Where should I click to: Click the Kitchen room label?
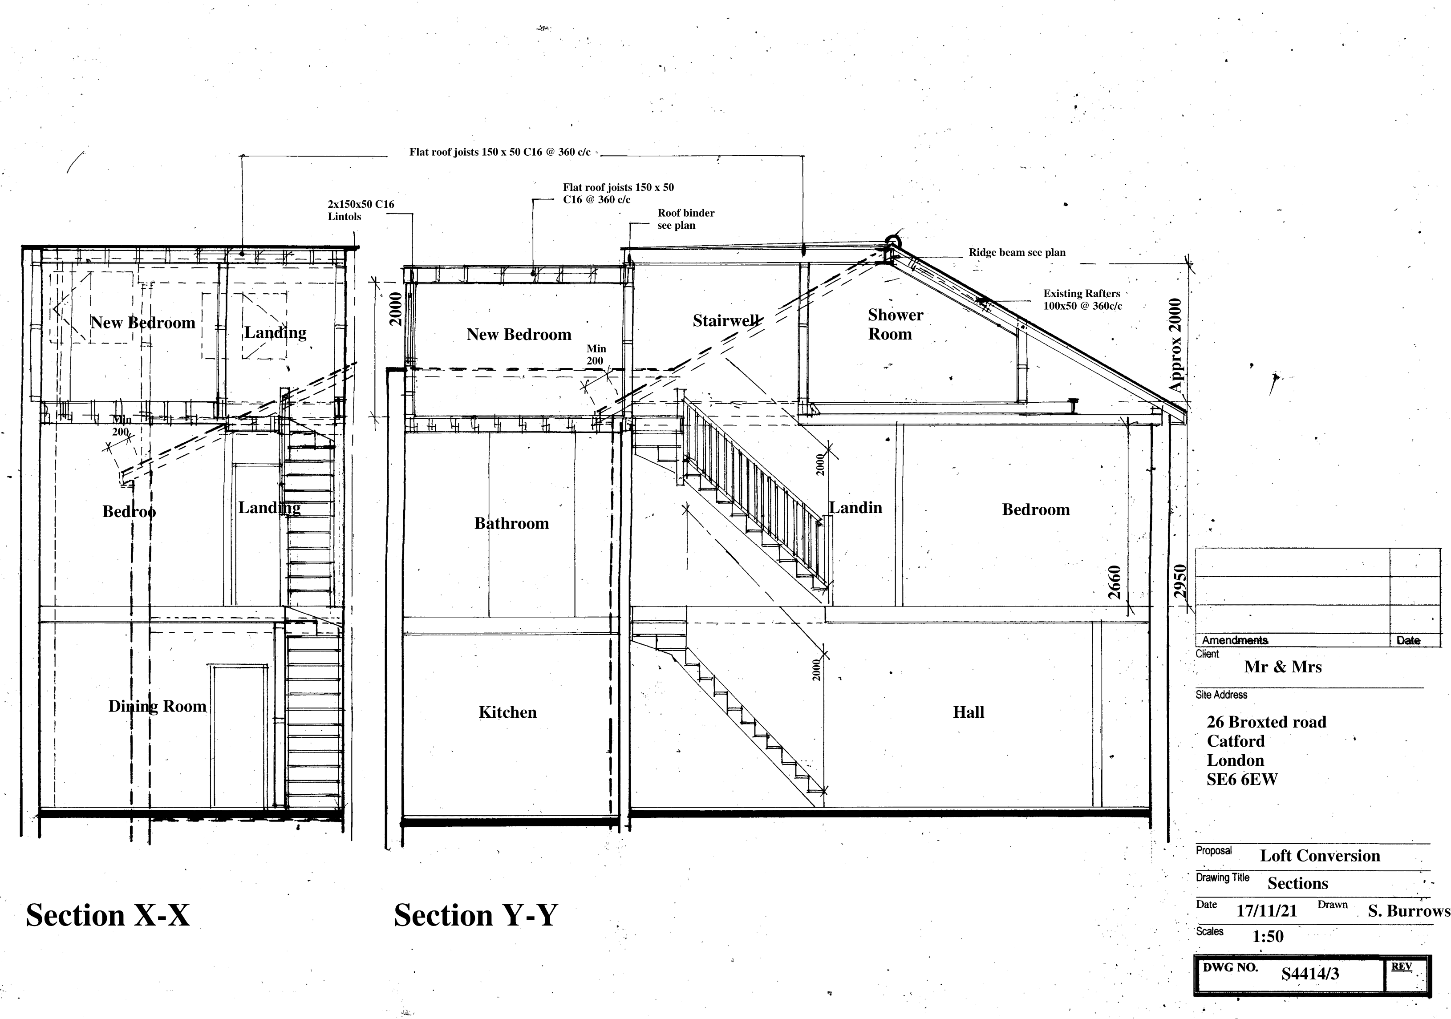[507, 712]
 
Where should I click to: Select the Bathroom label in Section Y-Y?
[511, 523]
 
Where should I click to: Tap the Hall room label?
[968, 712]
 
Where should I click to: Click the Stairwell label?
[725, 320]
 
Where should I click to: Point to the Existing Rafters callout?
[1082, 299]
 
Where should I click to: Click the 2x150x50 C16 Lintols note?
[360, 210]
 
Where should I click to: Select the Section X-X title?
[107, 915]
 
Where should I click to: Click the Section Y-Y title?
[475, 915]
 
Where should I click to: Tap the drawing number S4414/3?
[1309, 974]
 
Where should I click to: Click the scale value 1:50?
[1267, 936]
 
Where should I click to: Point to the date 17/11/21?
[1266, 910]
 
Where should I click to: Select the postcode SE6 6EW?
[1241, 780]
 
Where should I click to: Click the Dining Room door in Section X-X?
[238, 736]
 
